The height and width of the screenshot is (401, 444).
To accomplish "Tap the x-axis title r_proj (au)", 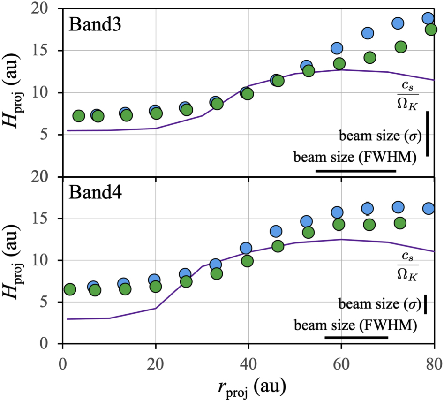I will pos(248,386).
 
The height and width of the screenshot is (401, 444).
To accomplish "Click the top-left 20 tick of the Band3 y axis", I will pos(45,8).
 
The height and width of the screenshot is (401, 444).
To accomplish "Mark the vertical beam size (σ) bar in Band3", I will pos(428,133).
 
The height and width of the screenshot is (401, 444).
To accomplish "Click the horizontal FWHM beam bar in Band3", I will pos(356,171).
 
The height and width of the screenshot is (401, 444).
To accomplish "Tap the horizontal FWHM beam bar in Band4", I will pos(356,337).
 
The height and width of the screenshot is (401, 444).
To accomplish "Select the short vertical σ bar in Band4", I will pos(425,304).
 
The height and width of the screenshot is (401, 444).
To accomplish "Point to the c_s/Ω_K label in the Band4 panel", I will pos(406,266).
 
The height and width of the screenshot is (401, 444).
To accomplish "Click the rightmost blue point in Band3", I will pos(428,19).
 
